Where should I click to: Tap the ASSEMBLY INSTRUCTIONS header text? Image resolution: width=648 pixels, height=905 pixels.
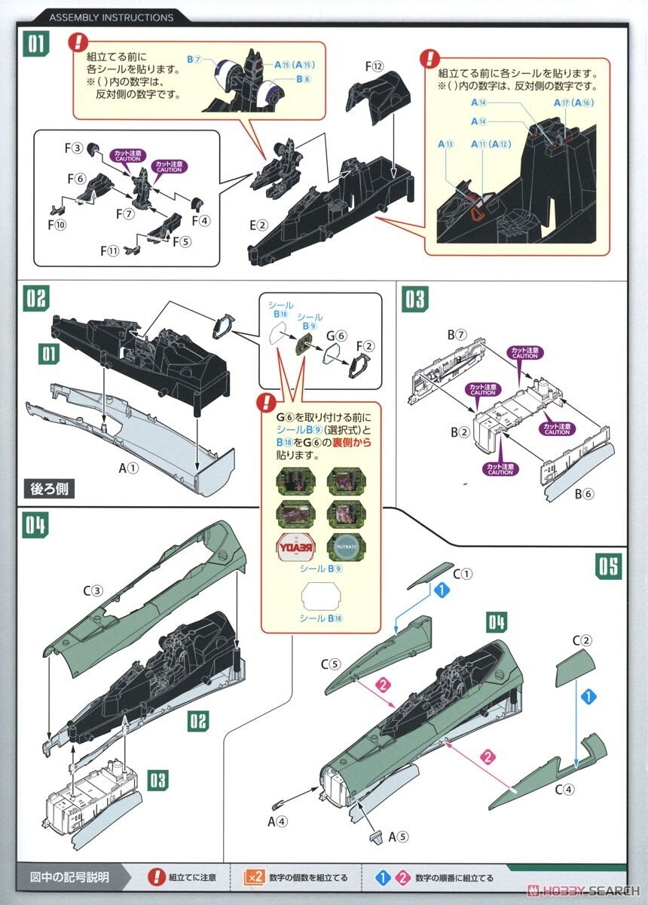111,17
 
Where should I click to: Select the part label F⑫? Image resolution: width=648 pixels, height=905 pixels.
374,67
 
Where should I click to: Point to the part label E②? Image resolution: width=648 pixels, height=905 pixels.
258,224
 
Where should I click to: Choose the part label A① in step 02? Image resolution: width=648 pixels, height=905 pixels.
129,468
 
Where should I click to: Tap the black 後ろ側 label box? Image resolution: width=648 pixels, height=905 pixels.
50,488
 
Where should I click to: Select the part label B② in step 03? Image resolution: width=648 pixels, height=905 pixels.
460,432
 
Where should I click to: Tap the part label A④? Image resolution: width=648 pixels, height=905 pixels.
277,821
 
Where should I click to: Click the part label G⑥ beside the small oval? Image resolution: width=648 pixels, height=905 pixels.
337,336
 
